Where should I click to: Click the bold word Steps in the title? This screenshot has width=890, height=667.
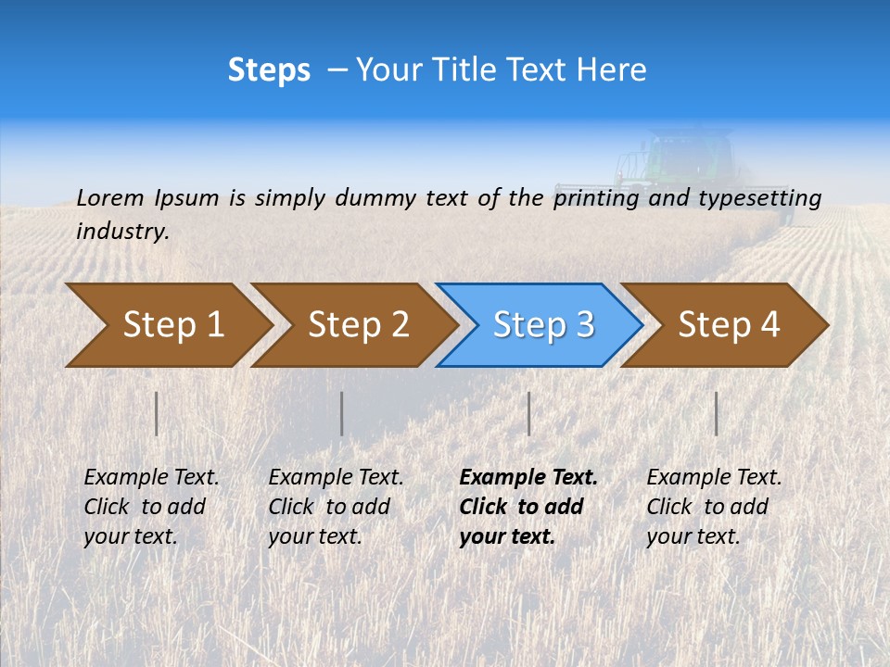pos(269,70)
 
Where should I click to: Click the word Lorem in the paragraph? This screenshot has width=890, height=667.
pos(109,197)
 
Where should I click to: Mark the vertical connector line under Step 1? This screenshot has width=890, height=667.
pos(157,413)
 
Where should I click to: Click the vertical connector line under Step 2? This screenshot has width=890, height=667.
pos(342,413)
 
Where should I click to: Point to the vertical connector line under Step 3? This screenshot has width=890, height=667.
pos(529,413)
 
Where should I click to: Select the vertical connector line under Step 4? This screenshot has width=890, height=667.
pos(717,413)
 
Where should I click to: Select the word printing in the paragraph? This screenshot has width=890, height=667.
pos(593,198)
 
